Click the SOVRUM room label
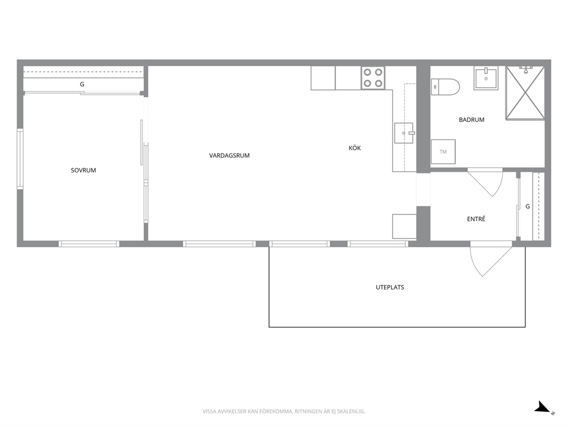pyautogui.click(x=84, y=170)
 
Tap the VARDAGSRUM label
pyautogui.click(x=229, y=155)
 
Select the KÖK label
pyautogui.click(x=354, y=148)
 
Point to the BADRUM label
pyautogui.click(x=471, y=120)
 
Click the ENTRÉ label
pyautogui.click(x=476, y=219)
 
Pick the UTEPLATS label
pyautogui.click(x=390, y=287)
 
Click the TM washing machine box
pyautogui.click(x=443, y=152)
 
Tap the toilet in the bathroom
pyautogui.click(x=445, y=87)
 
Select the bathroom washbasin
pyautogui.click(x=486, y=78)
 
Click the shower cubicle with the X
pyautogui.click(x=525, y=92)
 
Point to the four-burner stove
pyautogui.click(x=373, y=78)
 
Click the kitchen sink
pyautogui.click(x=404, y=133)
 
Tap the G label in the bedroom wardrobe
pyautogui.click(x=82, y=84)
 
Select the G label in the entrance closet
pyautogui.click(x=527, y=206)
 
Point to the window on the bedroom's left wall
pyautogui.click(x=20, y=159)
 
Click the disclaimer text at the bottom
pyautogui.click(x=283, y=411)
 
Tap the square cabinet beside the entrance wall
pyautogui.click(x=404, y=226)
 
